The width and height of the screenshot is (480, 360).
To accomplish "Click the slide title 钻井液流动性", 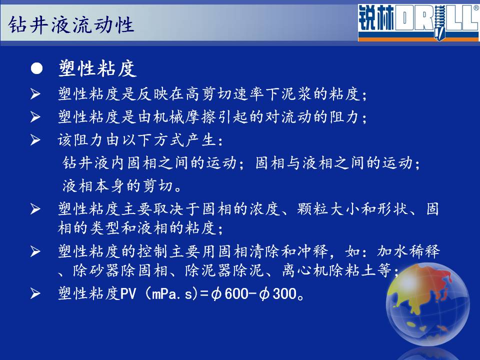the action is pyautogui.click(x=71, y=24).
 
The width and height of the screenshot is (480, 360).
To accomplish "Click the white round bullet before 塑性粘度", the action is pyautogui.click(x=36, y=68).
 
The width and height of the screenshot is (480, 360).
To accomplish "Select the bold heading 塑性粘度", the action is pyautogui.click(x=97, y=68).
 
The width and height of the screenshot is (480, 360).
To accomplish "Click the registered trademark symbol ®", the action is pyautogui.click(x=476, y=8).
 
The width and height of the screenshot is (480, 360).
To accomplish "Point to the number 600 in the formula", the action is pyautogui.click(x=236, y=294).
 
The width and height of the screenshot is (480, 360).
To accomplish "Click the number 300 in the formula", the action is pyautogui.click(x=284, y=294).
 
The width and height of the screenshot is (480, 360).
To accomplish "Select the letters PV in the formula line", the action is pyautogui.click(x=128, y=294).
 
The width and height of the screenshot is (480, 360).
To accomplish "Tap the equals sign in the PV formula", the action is pyautogui.click(x=204, y=294).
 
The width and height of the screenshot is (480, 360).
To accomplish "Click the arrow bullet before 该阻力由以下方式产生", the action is pyautogui.click(x=35, y=140).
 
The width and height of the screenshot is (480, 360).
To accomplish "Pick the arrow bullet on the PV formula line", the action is pyautogui.click(x=35, y=293).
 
